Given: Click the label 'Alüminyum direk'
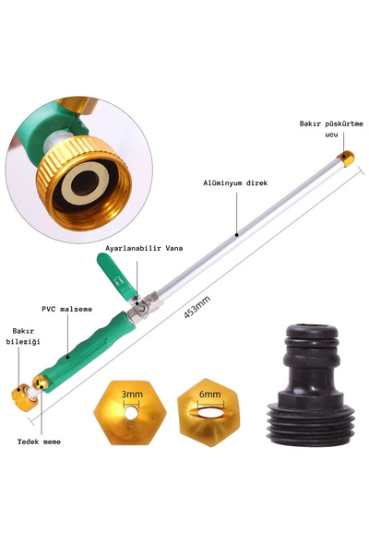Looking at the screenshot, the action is click(235, 183).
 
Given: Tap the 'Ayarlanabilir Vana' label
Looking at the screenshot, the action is click(144, 248).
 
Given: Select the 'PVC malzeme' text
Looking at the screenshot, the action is click(67, 310).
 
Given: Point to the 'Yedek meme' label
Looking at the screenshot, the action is click(39, 441).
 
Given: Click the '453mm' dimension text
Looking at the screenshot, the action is click(197, 307).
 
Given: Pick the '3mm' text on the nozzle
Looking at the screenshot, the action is click(132, 394).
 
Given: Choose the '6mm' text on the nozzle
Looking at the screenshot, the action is click(209, 394).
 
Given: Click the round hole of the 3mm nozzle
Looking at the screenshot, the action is click(131, 413).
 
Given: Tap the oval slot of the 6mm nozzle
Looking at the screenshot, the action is click(211, 413).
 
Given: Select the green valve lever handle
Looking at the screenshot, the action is click(116, 276).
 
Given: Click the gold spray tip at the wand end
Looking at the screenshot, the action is click(346, 159).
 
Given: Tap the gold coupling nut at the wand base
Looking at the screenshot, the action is click(25, 398).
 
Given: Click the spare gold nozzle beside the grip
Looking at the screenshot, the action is click(40, 382).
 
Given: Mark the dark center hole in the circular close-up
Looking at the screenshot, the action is click(85, 183).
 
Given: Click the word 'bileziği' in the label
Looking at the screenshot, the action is click(23, 341).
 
